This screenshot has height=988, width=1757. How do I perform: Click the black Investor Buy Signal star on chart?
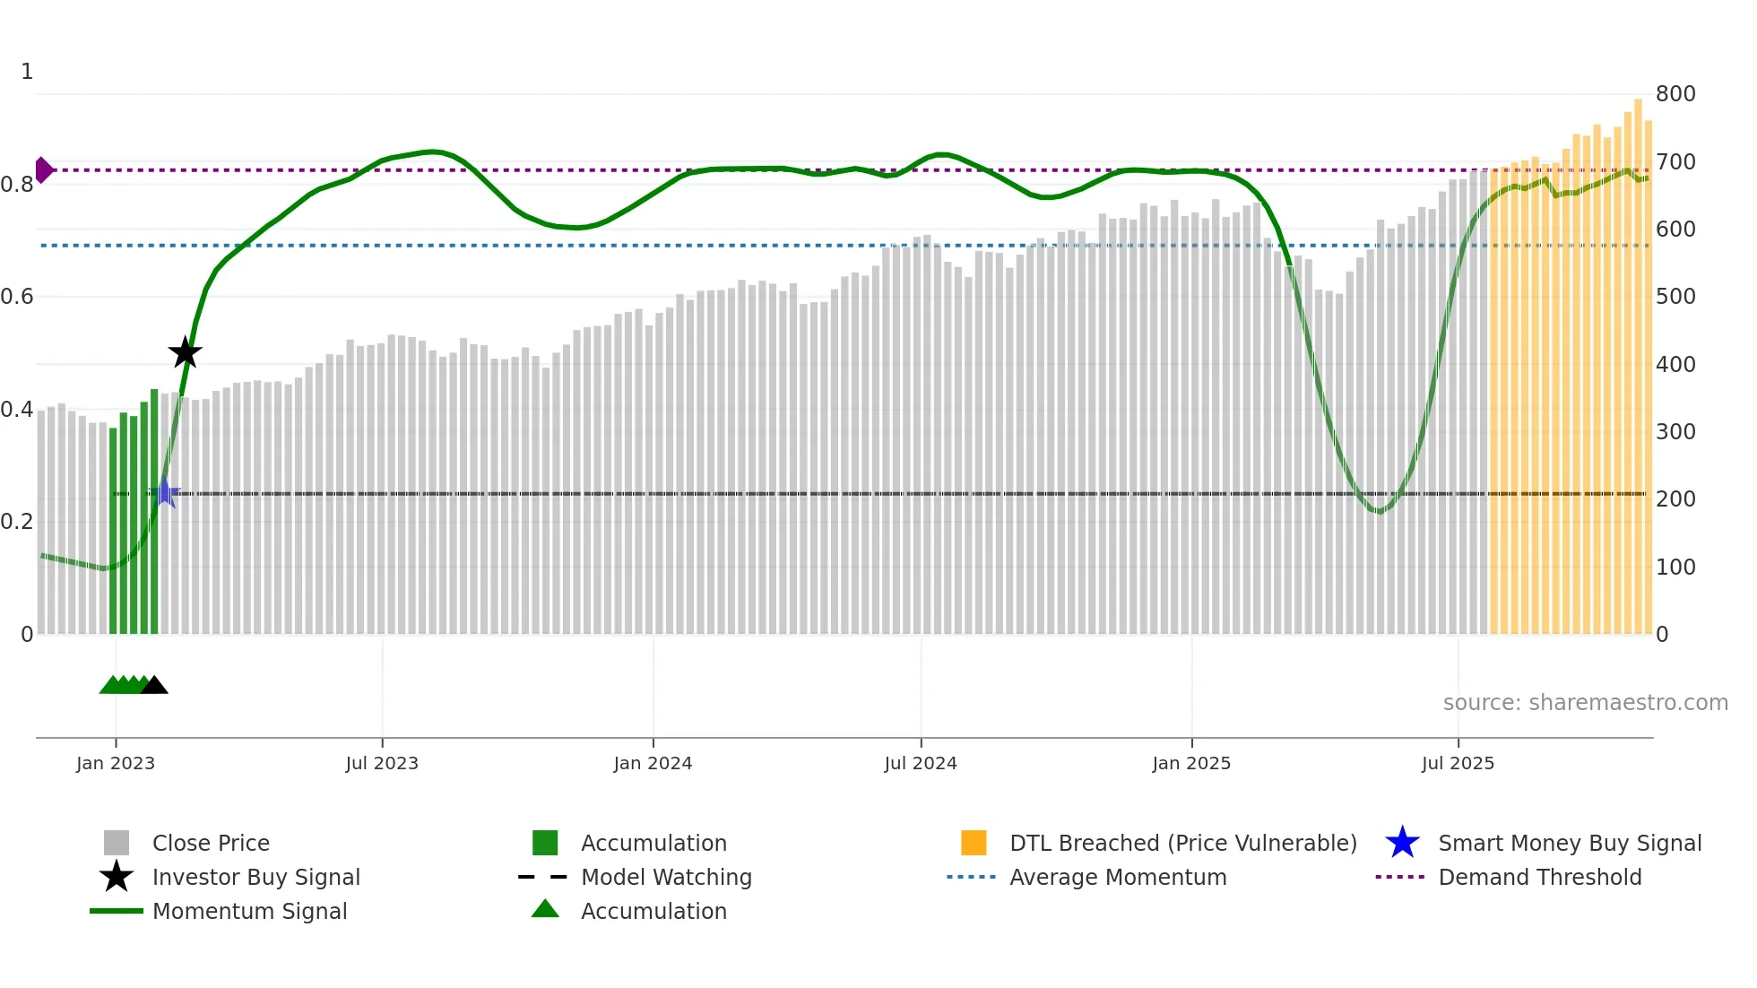click(186, 353)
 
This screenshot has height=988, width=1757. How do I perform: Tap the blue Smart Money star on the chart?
click(165, 492)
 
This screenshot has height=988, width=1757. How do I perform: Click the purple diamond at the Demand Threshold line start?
click(43, 169)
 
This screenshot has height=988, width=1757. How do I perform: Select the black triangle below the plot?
click(154, 686)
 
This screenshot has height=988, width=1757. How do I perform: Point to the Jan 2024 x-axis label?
click(653, 763)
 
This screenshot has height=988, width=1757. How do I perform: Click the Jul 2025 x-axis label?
click(1458, 763)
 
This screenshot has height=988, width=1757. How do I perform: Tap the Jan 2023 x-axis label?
click(116, 763)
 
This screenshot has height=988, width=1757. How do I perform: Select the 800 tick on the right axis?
click(1675, 94)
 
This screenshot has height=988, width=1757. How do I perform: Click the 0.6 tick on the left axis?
click(17, 297)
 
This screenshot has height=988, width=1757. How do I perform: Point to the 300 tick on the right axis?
click(1675, 432)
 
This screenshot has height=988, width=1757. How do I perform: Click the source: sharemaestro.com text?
click(1585, 703)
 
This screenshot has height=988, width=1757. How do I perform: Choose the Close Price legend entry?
click(211, 843)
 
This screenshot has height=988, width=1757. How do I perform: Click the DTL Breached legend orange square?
click(974, 843)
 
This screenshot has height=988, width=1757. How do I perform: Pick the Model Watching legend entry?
click(666, 877)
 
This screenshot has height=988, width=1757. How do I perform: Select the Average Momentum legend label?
click(1118, 877)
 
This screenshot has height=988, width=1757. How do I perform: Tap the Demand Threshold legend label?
click(1539, 877)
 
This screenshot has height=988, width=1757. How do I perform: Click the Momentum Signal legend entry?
click(249, 911)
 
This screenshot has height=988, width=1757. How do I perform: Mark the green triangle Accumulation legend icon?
click(545, 909)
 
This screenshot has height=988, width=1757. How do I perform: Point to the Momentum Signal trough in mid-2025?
click(1380, 512)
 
